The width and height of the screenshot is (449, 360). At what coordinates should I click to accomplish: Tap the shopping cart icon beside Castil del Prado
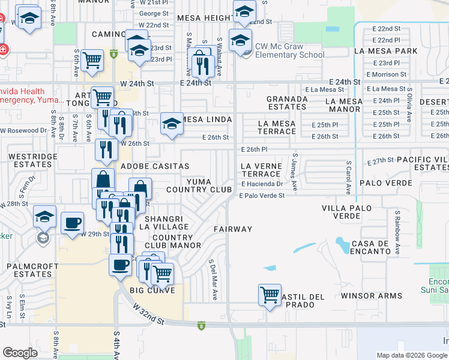[x=270, y=295]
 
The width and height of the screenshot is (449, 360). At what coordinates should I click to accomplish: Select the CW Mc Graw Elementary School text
[x=290, y=50]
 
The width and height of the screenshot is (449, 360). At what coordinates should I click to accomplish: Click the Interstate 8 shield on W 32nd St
[x=200, y=325]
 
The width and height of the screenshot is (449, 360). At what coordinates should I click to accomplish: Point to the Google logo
[x=20, y=353]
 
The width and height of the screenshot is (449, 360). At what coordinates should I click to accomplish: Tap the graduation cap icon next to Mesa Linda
[x=172, y=125]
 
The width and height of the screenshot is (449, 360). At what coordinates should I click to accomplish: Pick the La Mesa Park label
[x=385, y=51]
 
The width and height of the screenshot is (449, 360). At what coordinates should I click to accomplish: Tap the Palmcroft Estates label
[x=32, y=269]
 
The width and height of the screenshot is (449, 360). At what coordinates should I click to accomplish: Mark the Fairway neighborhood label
[x=233, y=229]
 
